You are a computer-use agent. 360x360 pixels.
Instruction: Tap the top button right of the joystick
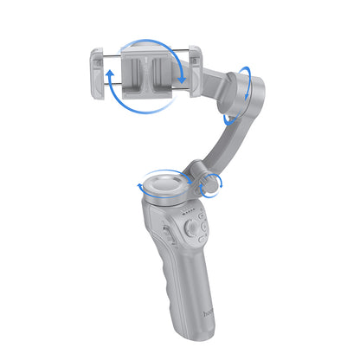click(x=202, y=220)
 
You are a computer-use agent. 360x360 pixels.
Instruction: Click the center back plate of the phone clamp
click(x=147, y=73)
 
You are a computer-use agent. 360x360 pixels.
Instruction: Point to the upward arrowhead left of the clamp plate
click(x=111, y=76)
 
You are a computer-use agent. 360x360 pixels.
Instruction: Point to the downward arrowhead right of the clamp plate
click(x=183, y=80)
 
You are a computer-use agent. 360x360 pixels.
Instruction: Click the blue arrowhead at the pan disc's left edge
click(x=138, y=186)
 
